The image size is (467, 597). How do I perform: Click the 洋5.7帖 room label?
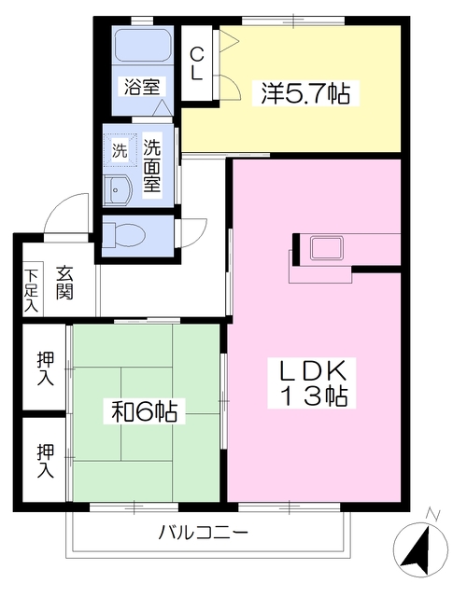(305, 93)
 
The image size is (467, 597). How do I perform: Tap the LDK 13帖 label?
(312, 382)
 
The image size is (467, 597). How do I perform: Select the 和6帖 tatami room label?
(144, 410)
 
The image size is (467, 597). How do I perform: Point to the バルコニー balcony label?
(204, 533)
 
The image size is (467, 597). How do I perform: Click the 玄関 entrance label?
(64, 283)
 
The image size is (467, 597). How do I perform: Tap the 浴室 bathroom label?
(142, 87)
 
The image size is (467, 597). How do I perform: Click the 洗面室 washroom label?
(151, 166)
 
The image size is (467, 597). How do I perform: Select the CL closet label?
(196, 63)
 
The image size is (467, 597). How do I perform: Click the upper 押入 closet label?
(46, 369)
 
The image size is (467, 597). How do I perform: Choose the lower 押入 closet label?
(46, 461)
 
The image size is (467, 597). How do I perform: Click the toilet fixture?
(124, 235)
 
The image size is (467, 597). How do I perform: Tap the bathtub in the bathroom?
(143, 45)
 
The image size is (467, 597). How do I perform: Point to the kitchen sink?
(327, 247)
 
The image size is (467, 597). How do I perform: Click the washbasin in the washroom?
(119, 190)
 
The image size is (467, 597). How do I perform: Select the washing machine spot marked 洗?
(120, 150)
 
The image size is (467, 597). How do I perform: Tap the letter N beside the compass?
(432, 514)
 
